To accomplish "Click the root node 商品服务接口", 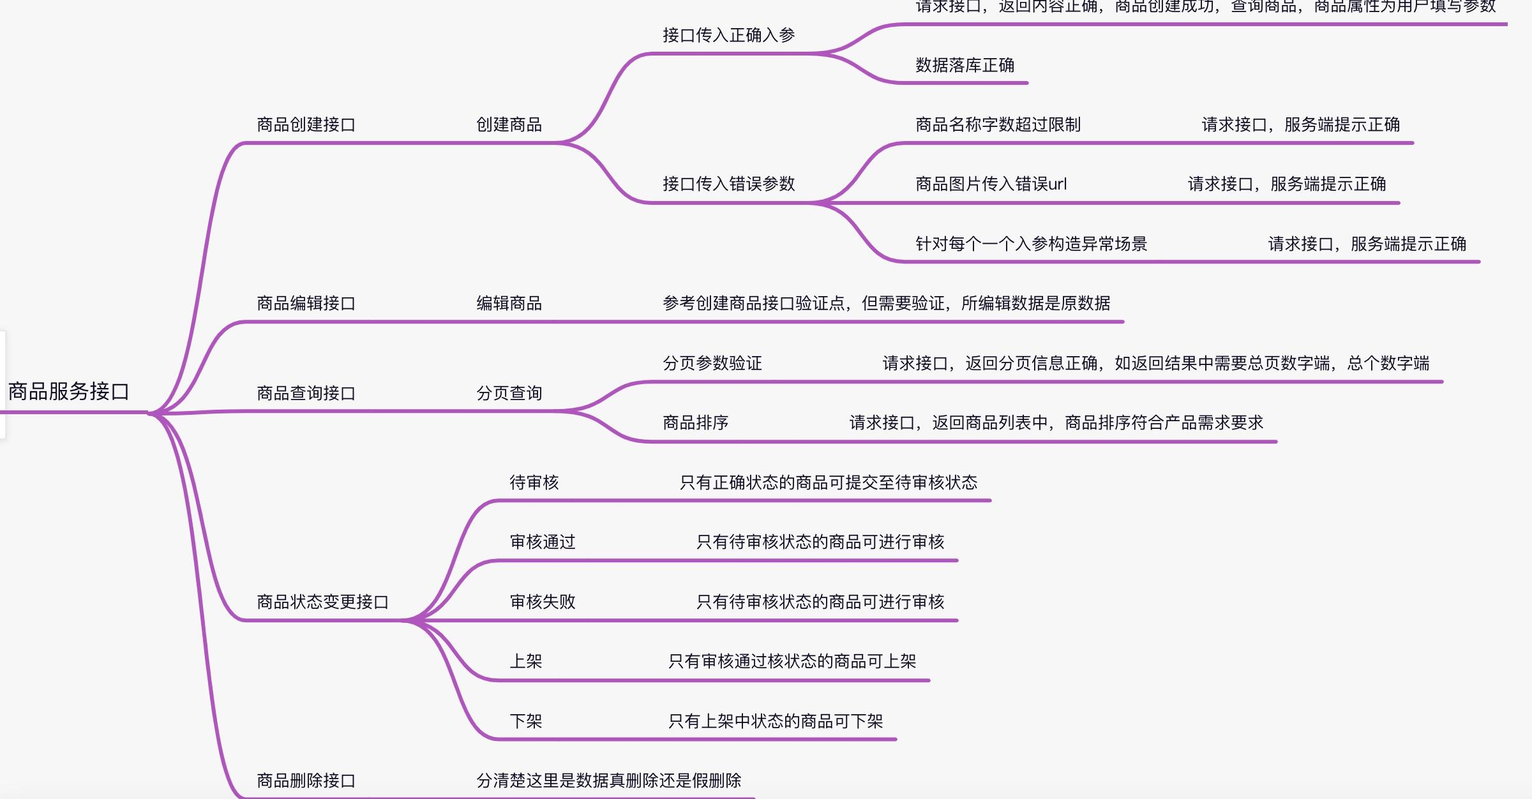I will tap(69, 391).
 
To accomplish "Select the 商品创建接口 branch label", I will tap(306, 124).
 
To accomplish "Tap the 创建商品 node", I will tap(509, 124).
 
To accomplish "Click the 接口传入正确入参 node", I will tap(728, 35).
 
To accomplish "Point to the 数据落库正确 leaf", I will tap(965, 65).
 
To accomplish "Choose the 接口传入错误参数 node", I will tap(728, 184).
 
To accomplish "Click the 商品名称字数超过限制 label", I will tap(998, 124).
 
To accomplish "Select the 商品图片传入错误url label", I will tap(991, 184).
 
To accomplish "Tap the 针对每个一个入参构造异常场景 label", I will tap(1031, 244).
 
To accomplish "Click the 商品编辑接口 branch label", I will tap(306, 303).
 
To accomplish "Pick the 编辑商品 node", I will tap(509, 303).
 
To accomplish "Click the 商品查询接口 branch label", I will tap(306, 393).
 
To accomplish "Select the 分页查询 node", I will tap(509, 393).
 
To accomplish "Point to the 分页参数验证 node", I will tap(712, 363).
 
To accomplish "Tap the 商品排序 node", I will tap(695, 422).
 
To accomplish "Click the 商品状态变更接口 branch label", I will tap(322, 602).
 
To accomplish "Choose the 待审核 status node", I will tap(534, 482).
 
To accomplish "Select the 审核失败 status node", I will tap(542, 602).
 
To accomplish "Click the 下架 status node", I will tap(525, 721).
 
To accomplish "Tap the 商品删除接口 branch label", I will tap(306, 780).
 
